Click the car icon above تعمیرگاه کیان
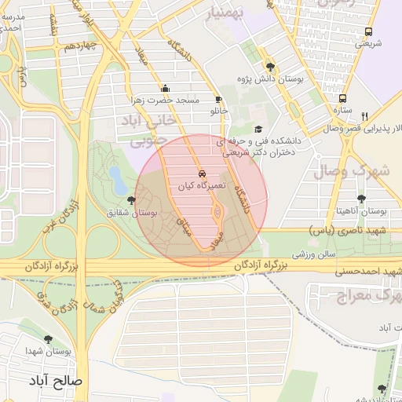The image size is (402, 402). (202, 173)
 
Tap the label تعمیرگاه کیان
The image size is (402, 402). (202, 185)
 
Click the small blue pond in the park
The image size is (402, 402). (116, 178)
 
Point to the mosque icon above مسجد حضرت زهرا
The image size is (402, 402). (165, 89)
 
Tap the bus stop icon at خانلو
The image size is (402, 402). (218, 100)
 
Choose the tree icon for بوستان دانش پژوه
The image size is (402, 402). (271, 67)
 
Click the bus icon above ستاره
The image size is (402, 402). (343, 98)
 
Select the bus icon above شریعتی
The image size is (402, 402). (368, 32)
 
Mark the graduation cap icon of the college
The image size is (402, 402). (256, 130)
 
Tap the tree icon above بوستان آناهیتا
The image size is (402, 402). (361, 199)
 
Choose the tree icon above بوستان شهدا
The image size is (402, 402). (49, 339)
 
